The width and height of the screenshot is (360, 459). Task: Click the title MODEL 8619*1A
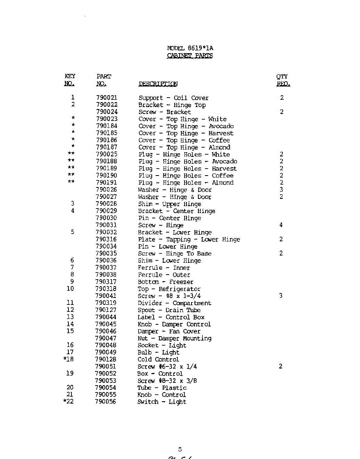tap(190, 48)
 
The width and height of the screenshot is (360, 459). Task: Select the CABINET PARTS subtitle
tap(190, 56)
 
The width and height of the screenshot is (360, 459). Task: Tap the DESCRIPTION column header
tap(158, 84)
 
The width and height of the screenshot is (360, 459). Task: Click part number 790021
tap(107, 98)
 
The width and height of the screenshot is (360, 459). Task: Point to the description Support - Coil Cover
tap(174, 98)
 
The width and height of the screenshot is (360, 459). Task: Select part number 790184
tap(107, 126)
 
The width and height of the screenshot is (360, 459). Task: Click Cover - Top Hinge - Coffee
tap(184, 140)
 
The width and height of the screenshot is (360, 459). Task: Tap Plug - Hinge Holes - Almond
tap(186, 183)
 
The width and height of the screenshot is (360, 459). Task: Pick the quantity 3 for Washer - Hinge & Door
tap(281, 190)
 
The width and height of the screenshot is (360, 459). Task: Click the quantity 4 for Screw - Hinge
tap(281, 225)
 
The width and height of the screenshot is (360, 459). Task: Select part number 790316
tap(106, 239)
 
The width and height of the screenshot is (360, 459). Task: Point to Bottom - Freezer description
tap(165, 282)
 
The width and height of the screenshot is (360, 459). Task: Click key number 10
tap(70, 289)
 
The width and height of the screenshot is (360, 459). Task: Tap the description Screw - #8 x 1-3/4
tap(169, 296)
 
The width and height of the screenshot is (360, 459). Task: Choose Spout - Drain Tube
tap(169, 310)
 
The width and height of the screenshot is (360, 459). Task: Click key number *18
tap(68, 360)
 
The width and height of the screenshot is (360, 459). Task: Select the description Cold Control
tap(158, 360)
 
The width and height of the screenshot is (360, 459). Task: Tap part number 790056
tap(105, 402)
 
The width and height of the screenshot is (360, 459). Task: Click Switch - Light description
tap(162, 402)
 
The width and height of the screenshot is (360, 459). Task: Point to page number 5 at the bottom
tap(180, 450)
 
